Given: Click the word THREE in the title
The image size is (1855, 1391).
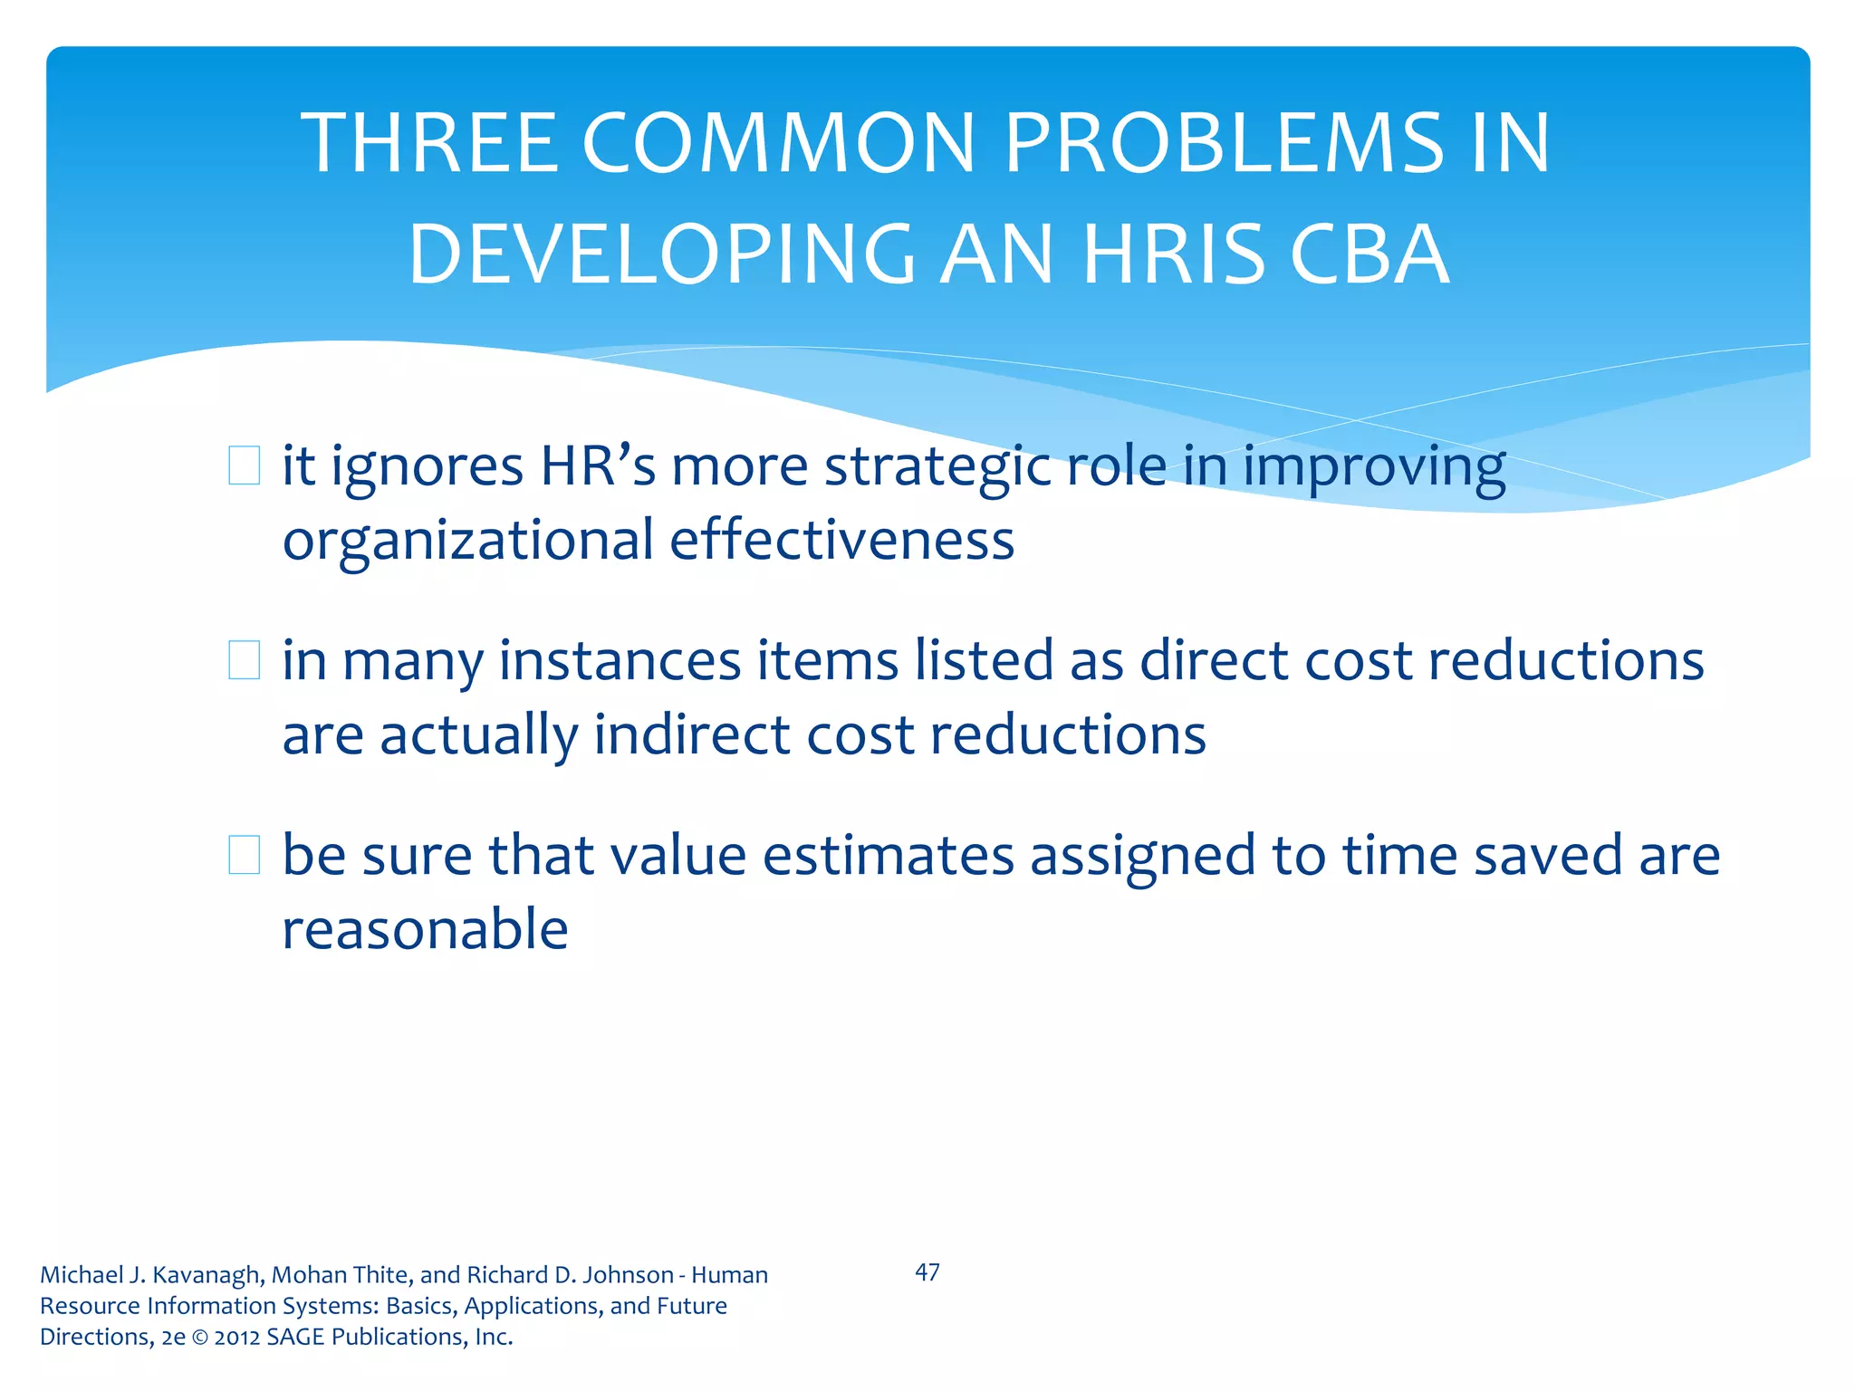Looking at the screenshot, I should pyautogui.click(x=430, y=143).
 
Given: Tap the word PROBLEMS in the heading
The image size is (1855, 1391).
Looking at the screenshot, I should pyautogui.click(x=1224, y=143).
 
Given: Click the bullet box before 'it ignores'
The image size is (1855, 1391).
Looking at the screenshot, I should pyautogui.click(x=244, y=465).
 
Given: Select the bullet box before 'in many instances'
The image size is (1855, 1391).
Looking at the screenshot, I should pyautogui.click(x=244, y=659).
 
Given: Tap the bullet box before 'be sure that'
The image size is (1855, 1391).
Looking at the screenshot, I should pyautogui.click(x=244, y=854).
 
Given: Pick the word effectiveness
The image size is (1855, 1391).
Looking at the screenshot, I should pyautogui.click(x=841, y=540).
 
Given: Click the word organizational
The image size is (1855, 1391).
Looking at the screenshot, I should pyautogui.click(x=467, y=542).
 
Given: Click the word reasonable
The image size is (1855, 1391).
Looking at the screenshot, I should pyautogui.click(x=425, y=929).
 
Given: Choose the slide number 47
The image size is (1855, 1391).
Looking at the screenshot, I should pyautogui.click(x=927, y=1272).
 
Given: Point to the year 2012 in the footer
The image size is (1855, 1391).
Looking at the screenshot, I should pyautogui.click(x=237, y=1338).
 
